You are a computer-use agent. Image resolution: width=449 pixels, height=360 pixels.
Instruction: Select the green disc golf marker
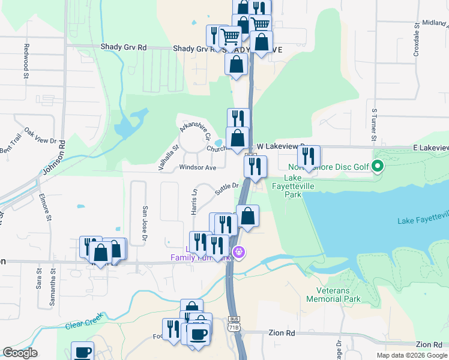378,166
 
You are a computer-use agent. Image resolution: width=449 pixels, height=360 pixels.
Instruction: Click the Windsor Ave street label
197,167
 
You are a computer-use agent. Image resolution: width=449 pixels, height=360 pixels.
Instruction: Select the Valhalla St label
167,154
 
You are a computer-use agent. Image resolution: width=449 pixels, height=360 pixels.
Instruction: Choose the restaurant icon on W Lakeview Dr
309,157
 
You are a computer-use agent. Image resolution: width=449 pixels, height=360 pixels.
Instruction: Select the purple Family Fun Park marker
239,253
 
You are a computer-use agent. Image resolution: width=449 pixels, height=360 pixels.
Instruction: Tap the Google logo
20,353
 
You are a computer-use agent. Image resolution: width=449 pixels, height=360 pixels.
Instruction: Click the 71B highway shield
234,326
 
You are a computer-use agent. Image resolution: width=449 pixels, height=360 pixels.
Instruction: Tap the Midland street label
434,23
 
